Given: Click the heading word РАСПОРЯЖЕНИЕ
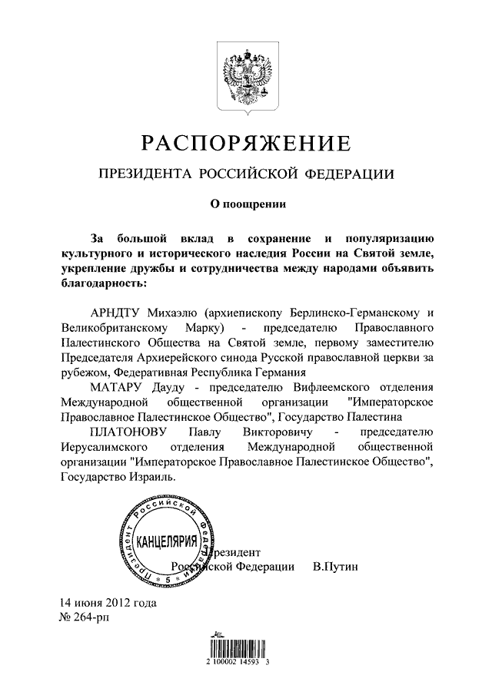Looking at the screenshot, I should point(245,143).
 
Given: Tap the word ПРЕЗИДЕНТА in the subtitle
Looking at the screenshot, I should point(145,174).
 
